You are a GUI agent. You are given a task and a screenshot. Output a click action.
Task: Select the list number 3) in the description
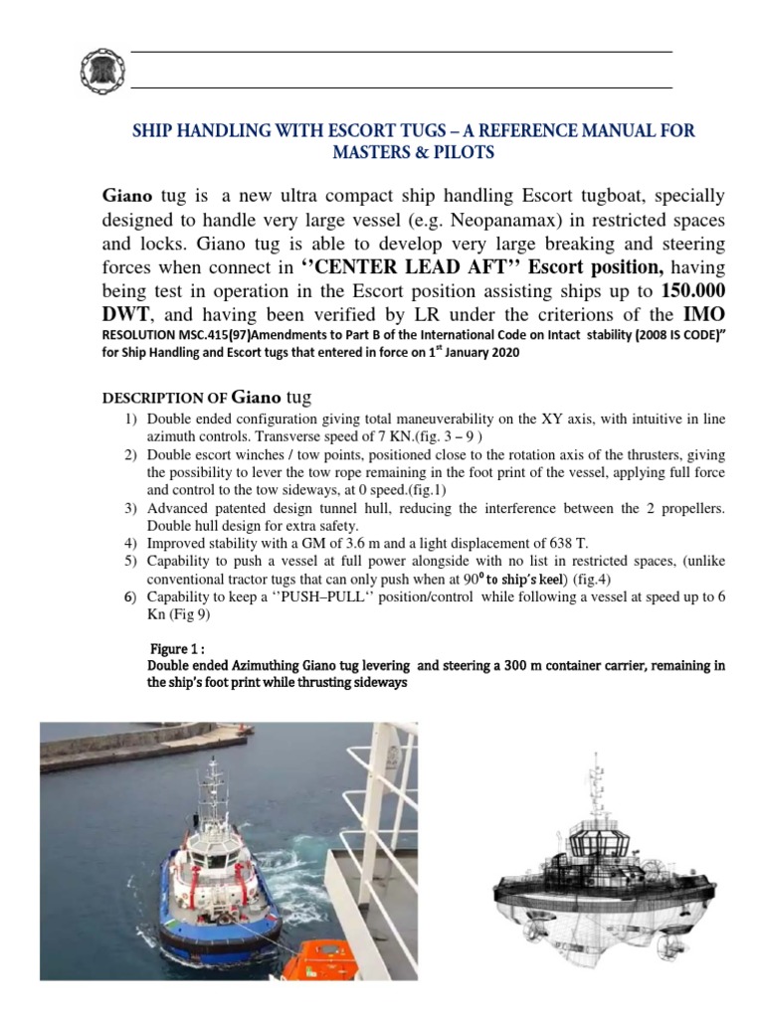click(x=130, y=509)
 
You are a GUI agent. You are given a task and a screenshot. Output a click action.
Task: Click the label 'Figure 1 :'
click(x=175, y=646)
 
